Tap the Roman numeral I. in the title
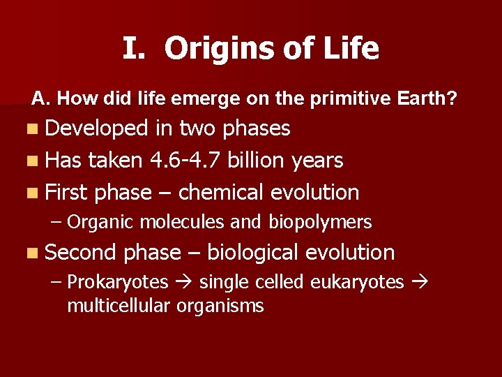click(x=134, y=49)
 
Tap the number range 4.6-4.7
click(x=188, y=161)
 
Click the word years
click(x=318, y=161)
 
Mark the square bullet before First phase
click(x=35, y=193)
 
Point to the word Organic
click(x=102, y=223)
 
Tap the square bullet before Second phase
click(x=35, y=253)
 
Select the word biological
click(x=253, y=252)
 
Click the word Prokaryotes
click(x=118, y=282)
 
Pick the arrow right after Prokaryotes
click(x=184, y=283)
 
